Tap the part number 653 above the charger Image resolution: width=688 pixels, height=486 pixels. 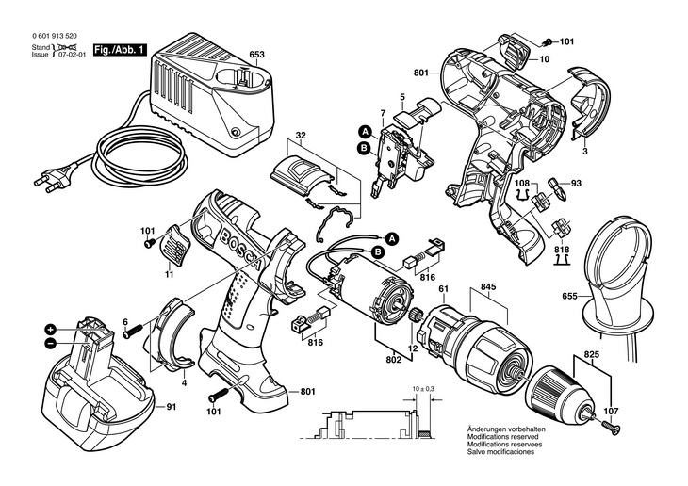(255, 55)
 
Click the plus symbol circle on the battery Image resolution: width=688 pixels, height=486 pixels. (50, 330)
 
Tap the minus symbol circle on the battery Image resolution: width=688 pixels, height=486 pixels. (48, 344)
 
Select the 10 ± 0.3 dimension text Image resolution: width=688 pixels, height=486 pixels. (424, 388)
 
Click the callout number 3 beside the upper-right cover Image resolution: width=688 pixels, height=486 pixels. (585, 152)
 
